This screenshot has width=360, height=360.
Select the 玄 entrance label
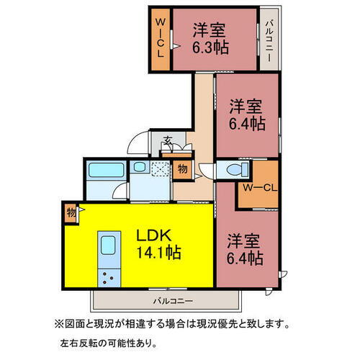pos(167,141)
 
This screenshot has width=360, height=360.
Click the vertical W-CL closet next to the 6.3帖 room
pos(159,40)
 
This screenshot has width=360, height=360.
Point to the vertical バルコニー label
pos(269,40)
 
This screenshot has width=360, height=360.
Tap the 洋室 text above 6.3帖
pos(209,30)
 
